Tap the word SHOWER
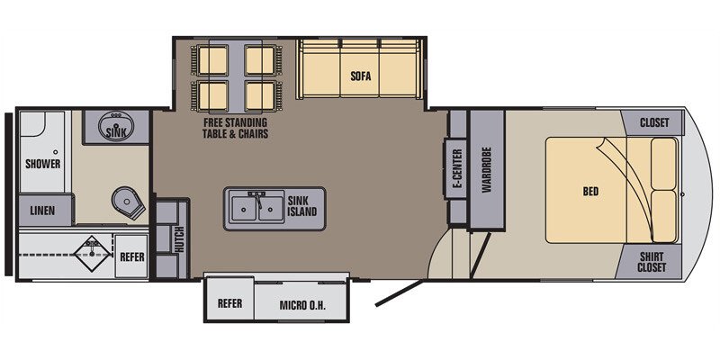(42, 165)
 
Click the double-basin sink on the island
(256, 209)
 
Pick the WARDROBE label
(486, 170)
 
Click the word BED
(591, 191)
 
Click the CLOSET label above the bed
(654, 123)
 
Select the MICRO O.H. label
(301, 304)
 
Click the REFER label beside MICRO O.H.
(230, 304)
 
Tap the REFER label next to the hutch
(132, 256)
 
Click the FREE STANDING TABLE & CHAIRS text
(235, 128)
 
